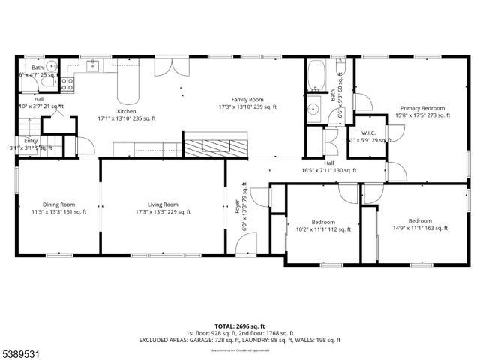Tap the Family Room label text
click(247, 99)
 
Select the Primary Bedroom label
click(422, 107)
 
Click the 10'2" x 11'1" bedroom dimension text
click(322, 230)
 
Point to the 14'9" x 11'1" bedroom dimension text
click(419, 229)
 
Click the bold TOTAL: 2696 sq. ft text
click(239, 326)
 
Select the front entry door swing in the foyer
click(241, 242)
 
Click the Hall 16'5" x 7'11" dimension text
click(328, 170)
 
